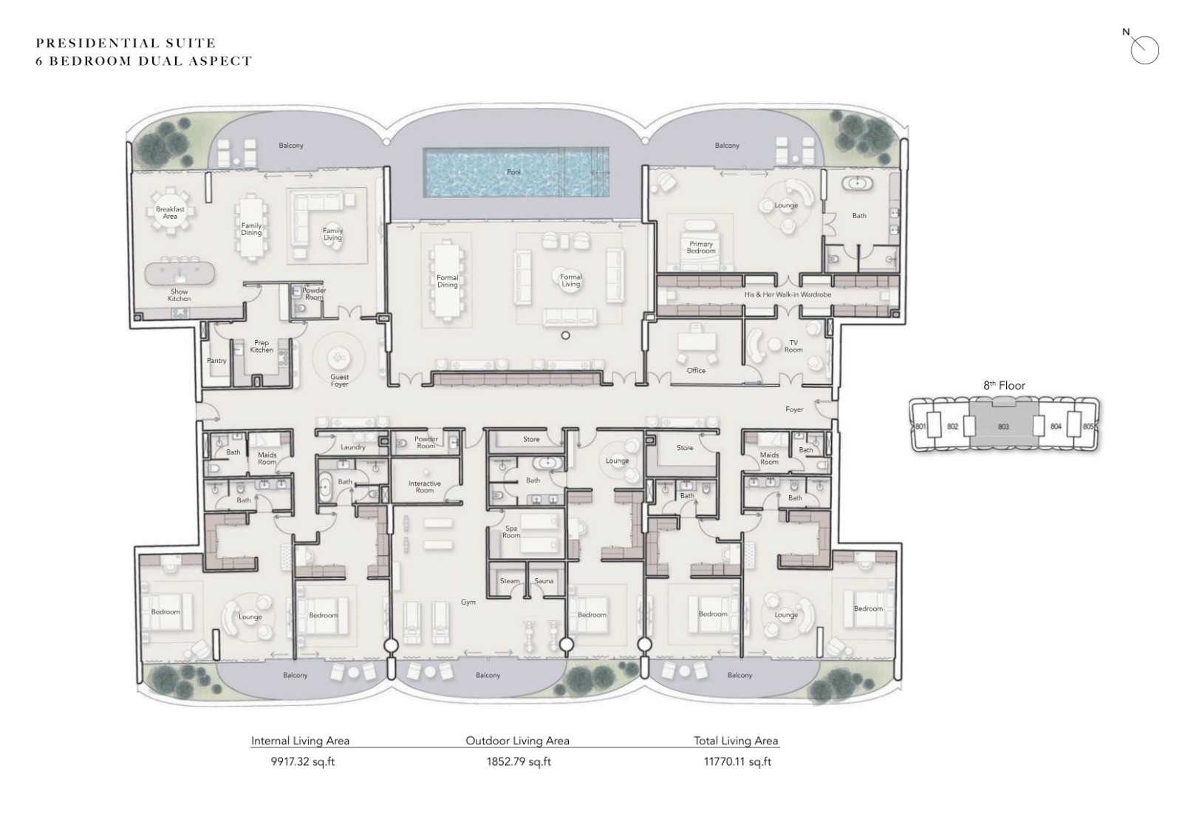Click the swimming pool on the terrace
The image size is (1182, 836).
[516, 172]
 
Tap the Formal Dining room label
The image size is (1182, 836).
[447, 281]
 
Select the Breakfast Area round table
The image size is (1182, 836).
[170, 212]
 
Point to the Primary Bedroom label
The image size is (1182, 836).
[701, 247]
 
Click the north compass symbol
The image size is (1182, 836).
[1144, 49]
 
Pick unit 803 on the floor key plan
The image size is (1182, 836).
[1003, 426]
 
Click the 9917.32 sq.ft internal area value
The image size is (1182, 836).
[303, 761]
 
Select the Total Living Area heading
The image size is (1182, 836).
[736, 741]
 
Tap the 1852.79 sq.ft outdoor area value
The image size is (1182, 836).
[519, 761]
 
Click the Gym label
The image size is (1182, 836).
[468, 602]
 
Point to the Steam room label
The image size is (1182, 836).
[510, 581]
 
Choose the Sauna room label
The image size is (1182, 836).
[544, 581]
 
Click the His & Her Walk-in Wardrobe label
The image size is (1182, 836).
[788, 295]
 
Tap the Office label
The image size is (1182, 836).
[696, 371]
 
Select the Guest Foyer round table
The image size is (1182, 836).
[338, 358]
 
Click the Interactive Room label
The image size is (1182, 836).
[424, 487]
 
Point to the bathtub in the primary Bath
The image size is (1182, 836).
[856, 184]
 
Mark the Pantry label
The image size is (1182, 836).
[216, 361]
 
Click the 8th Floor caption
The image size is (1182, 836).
[1004, 386]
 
